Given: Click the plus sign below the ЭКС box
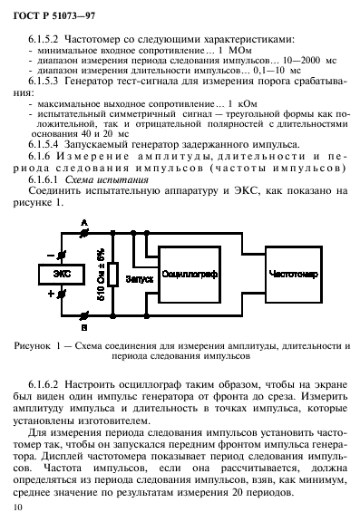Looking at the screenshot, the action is (51, 295).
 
